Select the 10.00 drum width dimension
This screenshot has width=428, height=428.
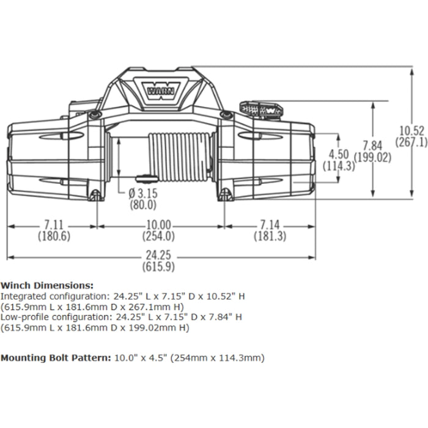157,225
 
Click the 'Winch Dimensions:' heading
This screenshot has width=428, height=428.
47,285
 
